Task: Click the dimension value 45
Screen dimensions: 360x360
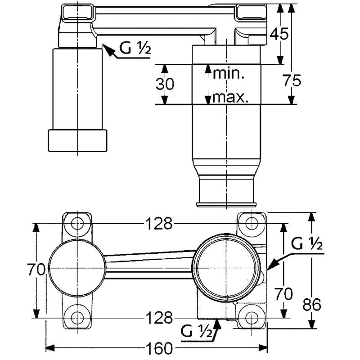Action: pos(279,34)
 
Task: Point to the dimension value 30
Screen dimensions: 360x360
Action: pos(165,84)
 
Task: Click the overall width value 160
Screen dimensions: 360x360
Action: pos(160,348)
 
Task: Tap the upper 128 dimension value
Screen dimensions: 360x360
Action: pos(158,223)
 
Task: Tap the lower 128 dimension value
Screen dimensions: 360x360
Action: pos(158,318)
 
